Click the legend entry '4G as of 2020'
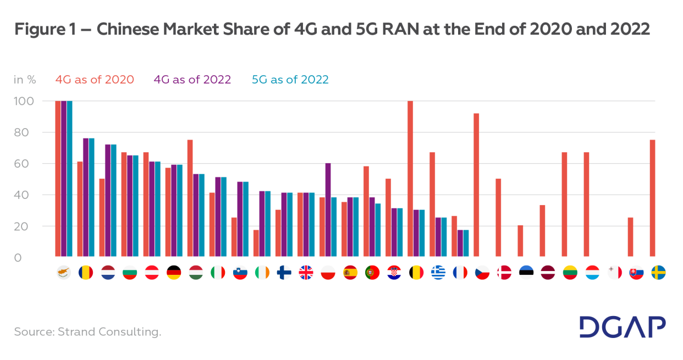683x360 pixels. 95,80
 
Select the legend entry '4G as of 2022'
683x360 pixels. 192,80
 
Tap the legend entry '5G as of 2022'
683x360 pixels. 290,80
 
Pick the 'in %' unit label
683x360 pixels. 25,80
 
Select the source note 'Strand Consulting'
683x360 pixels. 87,332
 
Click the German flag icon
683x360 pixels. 174,273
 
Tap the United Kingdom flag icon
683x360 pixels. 306,273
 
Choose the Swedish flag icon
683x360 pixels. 658,273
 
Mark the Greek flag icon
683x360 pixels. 438,273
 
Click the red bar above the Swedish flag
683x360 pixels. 653,198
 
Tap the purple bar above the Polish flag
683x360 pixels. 328,209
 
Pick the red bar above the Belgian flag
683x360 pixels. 410,179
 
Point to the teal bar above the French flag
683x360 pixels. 466,243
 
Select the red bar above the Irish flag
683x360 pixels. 256,243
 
